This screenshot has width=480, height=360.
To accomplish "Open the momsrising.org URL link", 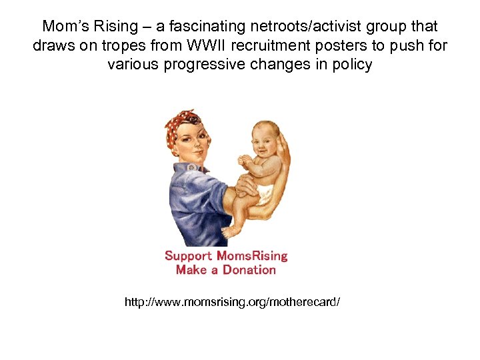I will (232, 302).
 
